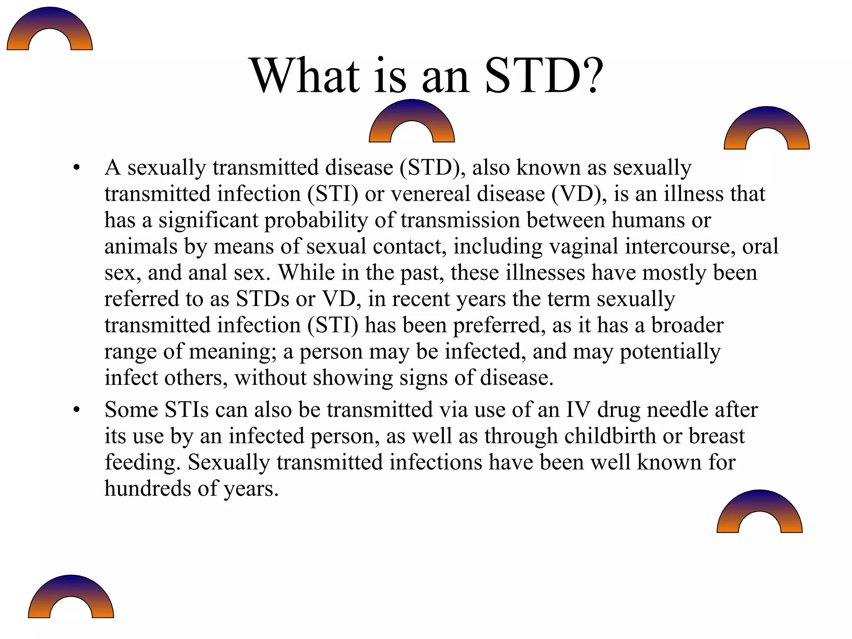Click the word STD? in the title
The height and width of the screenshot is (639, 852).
[543, 76]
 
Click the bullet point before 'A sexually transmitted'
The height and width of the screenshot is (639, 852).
[76, 168]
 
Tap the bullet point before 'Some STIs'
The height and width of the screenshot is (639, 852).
[76, 410]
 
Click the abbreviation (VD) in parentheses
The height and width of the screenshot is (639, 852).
[577, 194]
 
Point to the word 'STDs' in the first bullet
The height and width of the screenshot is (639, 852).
[263, 299]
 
